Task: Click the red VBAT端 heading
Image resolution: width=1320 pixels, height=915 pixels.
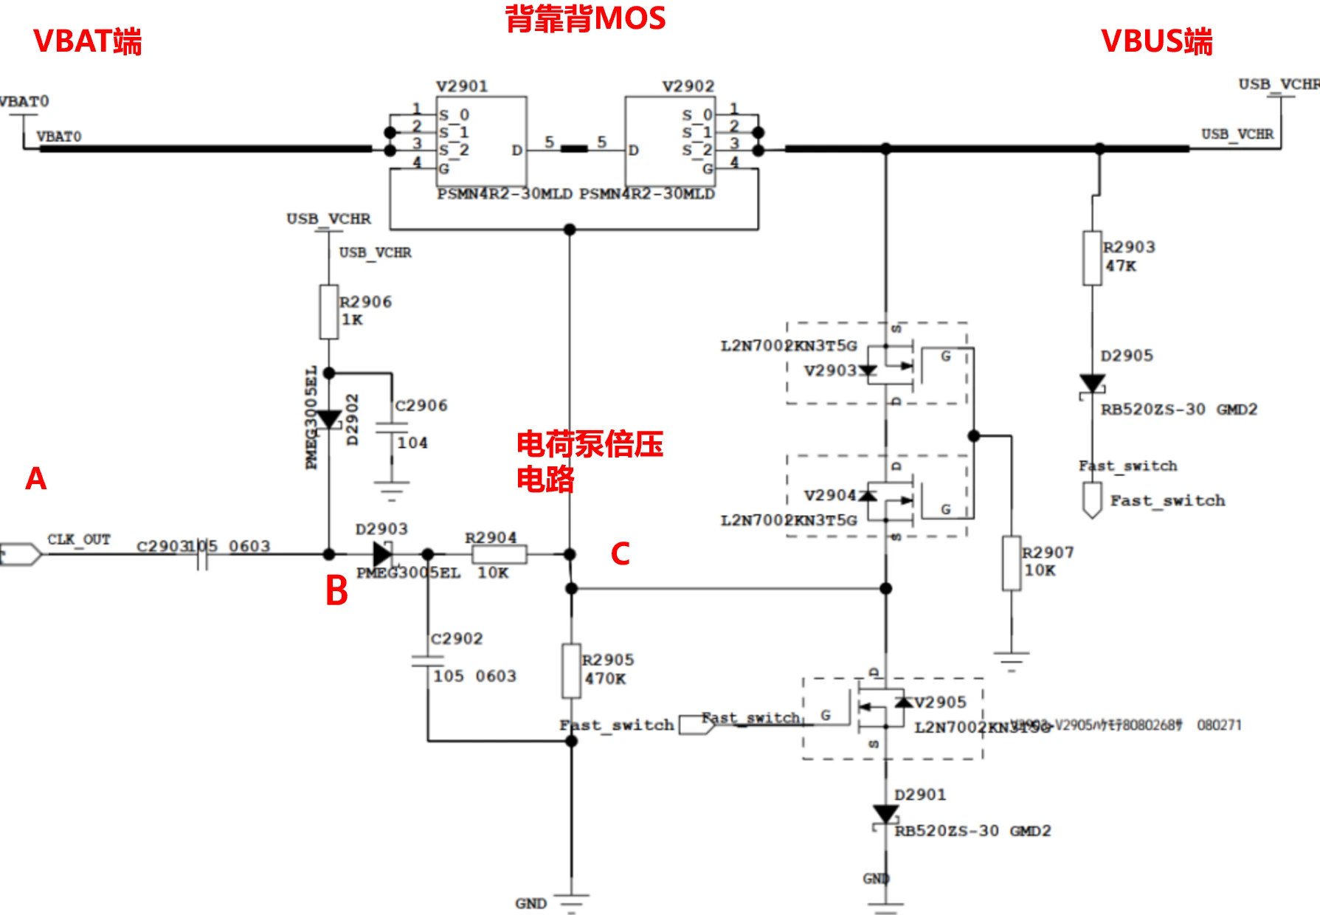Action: pos(87,41)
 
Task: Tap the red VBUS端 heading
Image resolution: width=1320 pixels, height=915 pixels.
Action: pos(1156,41)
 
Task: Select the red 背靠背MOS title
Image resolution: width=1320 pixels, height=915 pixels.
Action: pos(585,18)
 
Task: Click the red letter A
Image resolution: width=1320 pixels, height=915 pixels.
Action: pos(35,479)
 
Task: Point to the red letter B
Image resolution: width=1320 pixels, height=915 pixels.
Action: pos(336,591)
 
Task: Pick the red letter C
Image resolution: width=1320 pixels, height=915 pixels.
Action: pos(620,553)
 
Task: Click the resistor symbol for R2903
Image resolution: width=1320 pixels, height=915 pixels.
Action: pos(1092,258)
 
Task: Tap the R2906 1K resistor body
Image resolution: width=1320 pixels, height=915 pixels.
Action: pos(329,312)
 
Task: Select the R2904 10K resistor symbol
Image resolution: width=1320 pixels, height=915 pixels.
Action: pos(499,554)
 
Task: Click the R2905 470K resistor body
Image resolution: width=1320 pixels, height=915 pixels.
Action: pos(571,670)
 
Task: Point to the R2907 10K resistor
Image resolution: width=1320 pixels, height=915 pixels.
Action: pos(1011,563)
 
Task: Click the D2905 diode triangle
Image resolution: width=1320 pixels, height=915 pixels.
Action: pos(1092,384)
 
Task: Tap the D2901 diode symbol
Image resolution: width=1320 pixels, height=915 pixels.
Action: pos(885,815)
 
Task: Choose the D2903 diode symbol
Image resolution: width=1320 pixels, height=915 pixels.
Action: pos(382,553)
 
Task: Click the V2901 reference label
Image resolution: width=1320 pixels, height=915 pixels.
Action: pos(462,86)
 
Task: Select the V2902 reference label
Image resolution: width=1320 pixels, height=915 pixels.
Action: pos(688,86)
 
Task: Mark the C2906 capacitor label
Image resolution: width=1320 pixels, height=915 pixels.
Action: pos(421,406)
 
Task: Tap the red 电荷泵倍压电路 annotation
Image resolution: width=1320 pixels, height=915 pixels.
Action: pos(589,461)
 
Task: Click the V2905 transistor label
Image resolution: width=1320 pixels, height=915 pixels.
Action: pos(940,702)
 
